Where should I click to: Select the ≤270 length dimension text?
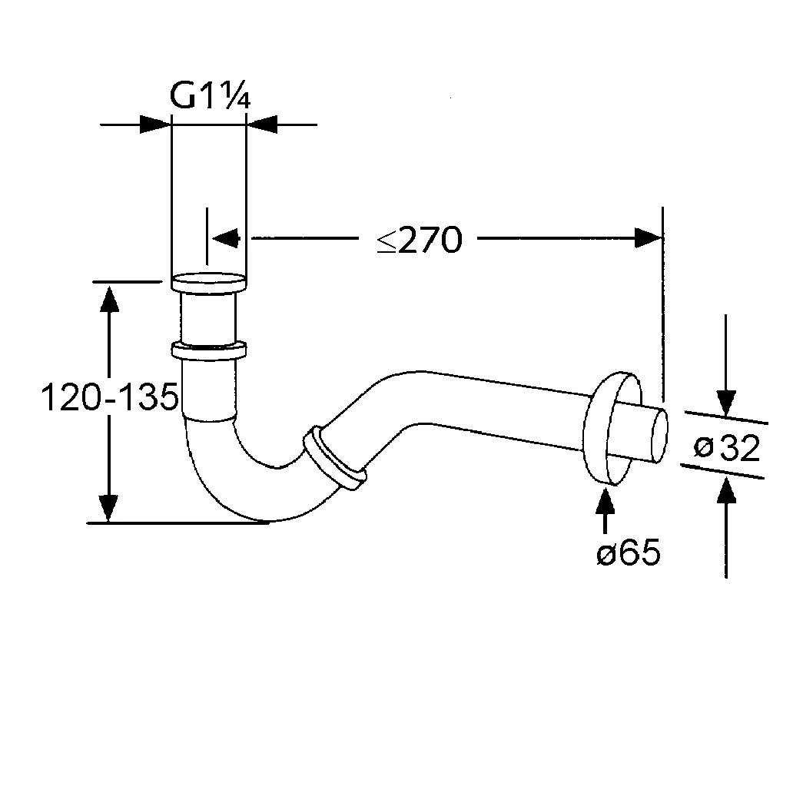click(x=420, y=241)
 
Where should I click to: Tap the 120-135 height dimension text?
click(x=109, y=398)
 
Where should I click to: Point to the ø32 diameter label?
click(x=726, y=448)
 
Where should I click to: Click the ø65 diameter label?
click(x=628, y=553)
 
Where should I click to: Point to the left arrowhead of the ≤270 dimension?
click(x=226, y=237)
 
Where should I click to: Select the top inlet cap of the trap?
click(x=208, y=282)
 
